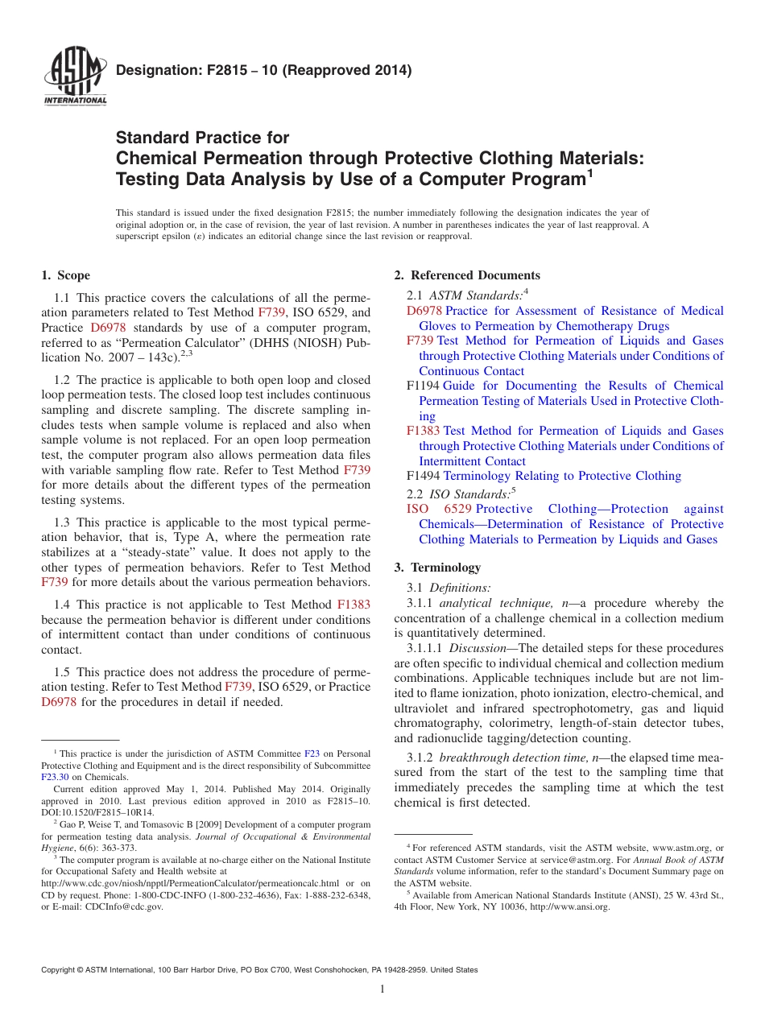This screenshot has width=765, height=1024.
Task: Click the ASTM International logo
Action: pos(76,79)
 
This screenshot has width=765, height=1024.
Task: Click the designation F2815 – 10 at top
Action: pos(263,70)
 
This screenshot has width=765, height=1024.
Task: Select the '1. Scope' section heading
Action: pos(65,275)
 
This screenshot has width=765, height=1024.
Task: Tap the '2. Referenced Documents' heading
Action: pos(467,275)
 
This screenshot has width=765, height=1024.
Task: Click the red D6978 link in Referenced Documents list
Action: pos(424,311)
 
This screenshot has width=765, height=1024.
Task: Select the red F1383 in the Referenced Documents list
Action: pos(424,431)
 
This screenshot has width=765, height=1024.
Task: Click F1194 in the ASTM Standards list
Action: pos(424,386)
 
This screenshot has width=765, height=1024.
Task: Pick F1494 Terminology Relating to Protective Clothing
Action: pos(544,476)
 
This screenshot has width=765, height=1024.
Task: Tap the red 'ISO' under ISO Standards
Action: pos(417,509)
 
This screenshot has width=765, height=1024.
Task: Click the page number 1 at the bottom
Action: pos(382,989)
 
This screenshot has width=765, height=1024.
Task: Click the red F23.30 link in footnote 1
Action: pos(55,777)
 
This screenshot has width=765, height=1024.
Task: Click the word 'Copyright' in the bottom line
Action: pos(60,970)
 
